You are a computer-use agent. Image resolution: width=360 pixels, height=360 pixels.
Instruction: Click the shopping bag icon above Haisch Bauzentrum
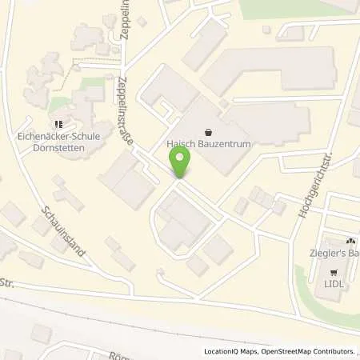pyautogui.click(x=209, y=132)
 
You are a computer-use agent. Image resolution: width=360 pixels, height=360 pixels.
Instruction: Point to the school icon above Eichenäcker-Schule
pyautogui.click(x=58, y=125)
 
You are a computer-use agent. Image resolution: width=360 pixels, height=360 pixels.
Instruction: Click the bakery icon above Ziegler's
pyautogui.click(x=349, y=241)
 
